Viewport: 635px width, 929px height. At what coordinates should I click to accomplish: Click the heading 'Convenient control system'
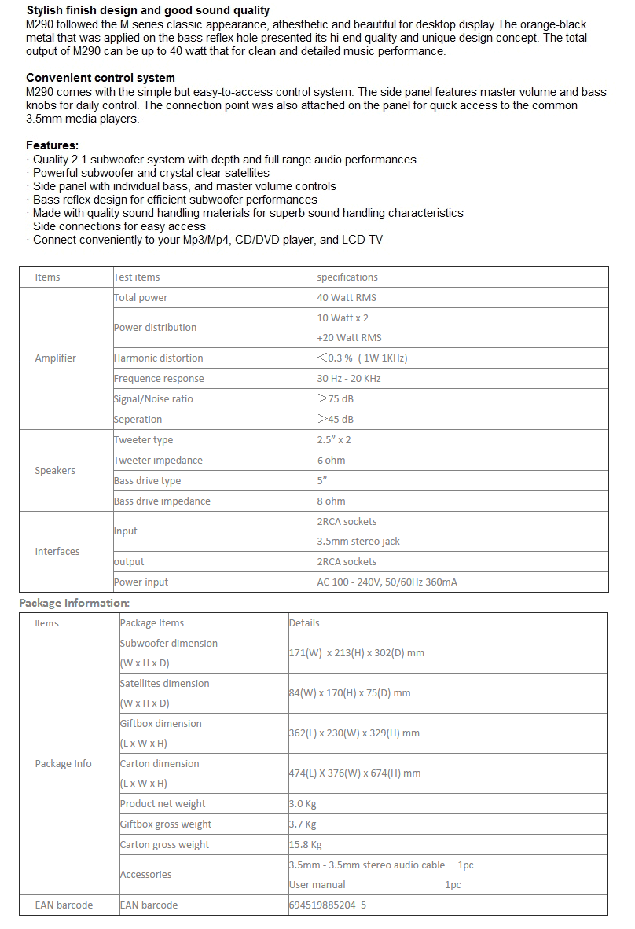click(x=101, y=78)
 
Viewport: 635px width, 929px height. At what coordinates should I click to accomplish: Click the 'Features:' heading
click(x=52, y=145)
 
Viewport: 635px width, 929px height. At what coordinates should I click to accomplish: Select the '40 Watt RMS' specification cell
click(x=347, y=298)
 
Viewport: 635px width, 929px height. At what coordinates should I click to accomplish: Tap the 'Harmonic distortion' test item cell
click(x=159, y=358)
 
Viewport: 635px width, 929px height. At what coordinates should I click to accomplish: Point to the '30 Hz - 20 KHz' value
click(x=349, y=379)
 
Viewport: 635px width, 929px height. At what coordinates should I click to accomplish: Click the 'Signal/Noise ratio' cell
click(x=153, y=399)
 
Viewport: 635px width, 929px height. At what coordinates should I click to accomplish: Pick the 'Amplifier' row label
click(x=55, y=358)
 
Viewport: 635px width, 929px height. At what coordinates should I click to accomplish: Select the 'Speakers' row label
click(x=55, y=471)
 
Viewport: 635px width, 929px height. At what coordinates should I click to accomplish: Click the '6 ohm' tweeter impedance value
click(x=332, y=461)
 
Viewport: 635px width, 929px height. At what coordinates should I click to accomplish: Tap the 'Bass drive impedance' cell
click(x=162, y=501)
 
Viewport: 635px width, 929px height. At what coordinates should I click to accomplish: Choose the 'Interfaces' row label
click(x=57, y=552)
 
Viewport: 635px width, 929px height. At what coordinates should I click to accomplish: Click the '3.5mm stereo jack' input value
click(x=358, y=542)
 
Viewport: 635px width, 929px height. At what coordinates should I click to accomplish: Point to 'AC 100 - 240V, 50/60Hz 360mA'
click(x=387, y=582)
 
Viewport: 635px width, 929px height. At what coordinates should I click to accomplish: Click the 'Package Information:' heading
click(x=74, y=603)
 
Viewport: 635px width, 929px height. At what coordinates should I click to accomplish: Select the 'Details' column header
click(x=304, y=623)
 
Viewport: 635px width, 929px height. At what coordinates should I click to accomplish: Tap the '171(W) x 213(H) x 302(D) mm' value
click(x=356, y=653)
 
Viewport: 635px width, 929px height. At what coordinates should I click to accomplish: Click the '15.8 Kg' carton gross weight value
click(x=306, y=845)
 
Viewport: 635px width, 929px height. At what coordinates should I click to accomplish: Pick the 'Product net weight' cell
click(x=163, y=804)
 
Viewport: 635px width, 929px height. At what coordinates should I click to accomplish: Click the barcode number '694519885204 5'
click(x=328, y=905)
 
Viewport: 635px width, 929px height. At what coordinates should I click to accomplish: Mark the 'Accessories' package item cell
click(x=145, y=875)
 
